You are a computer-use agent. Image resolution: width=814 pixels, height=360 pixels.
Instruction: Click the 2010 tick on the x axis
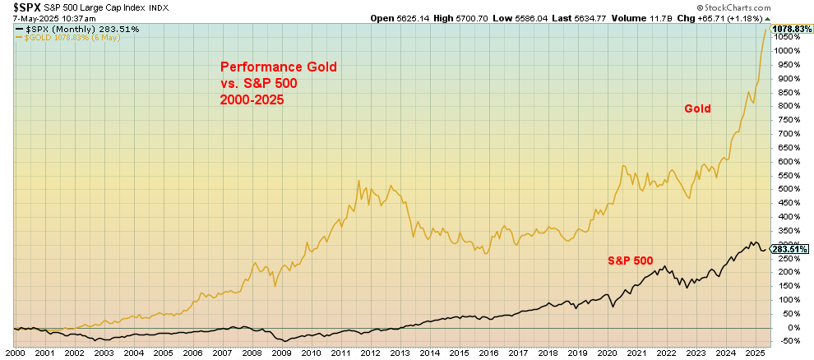(x=311, y=352)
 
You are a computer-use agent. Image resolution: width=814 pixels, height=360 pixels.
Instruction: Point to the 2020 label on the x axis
(x=607, y=352)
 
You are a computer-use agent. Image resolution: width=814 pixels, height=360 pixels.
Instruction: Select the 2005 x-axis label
(x=163, y=352)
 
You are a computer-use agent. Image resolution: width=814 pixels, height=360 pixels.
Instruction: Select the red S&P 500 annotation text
(x=630, y=261)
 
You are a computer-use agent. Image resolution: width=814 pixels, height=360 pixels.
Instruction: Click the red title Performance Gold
(x=277, y=67)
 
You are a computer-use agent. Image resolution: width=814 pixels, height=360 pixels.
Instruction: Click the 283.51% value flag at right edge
(x=791, y=249)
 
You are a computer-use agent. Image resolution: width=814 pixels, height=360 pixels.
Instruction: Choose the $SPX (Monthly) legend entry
(x=69, y=30)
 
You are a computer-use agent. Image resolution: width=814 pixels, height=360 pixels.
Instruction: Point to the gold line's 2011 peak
(x=358, y=181)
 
